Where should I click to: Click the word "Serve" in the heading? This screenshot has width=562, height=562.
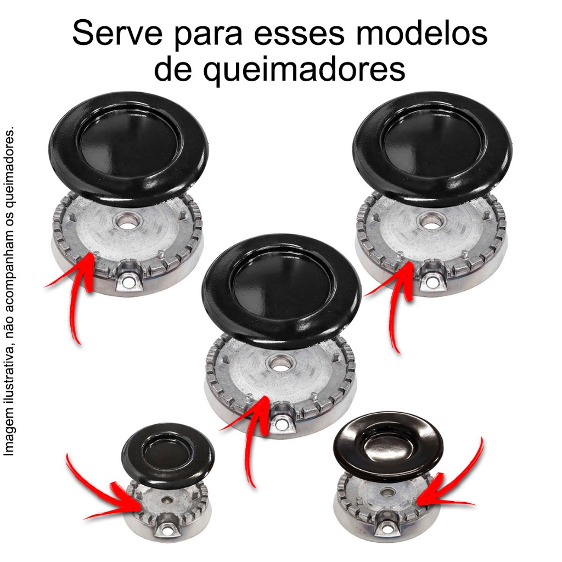(x=117, y=33)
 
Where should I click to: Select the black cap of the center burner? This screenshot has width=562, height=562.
(x=282, y=292)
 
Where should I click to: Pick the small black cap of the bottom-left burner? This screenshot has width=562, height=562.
(x=168, y=455)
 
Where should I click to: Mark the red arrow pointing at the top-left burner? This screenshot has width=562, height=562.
(x=77, y=286)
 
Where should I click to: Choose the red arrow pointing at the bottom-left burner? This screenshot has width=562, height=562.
(x=104, y=494)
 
